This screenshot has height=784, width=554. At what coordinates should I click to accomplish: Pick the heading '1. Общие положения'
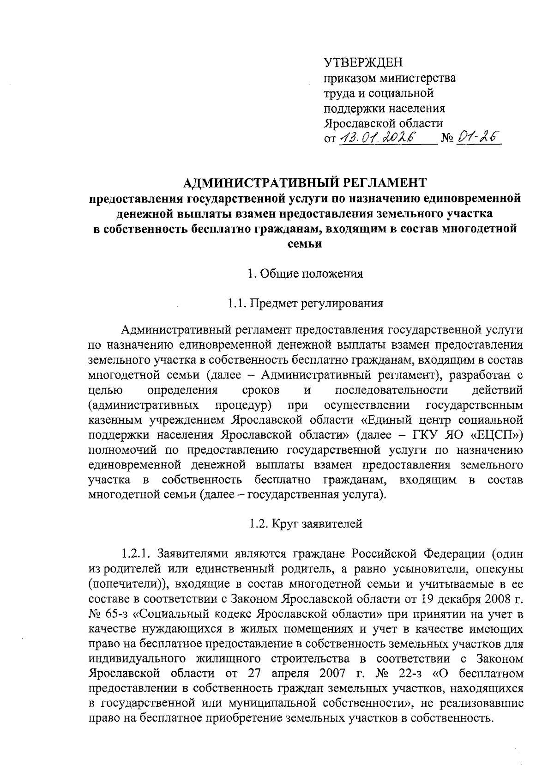tap(305, 273)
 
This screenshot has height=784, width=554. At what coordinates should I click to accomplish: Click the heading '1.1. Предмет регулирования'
tap(305, 304)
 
